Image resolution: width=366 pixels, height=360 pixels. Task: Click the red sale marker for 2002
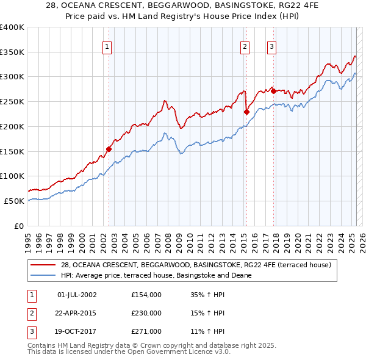[x=109, y=149]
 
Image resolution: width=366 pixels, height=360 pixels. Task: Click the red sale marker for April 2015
[x=246, y=112]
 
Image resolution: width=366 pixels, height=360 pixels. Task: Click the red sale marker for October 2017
[x=273, y=91]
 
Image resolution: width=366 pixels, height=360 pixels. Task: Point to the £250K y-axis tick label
[x=12, y=101]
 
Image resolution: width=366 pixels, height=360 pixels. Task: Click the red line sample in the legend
[x=43, y=265]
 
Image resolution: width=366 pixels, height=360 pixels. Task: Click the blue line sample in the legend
[x=43, y=275]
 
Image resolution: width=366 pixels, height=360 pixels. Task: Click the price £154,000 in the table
[x=146, y=295]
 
